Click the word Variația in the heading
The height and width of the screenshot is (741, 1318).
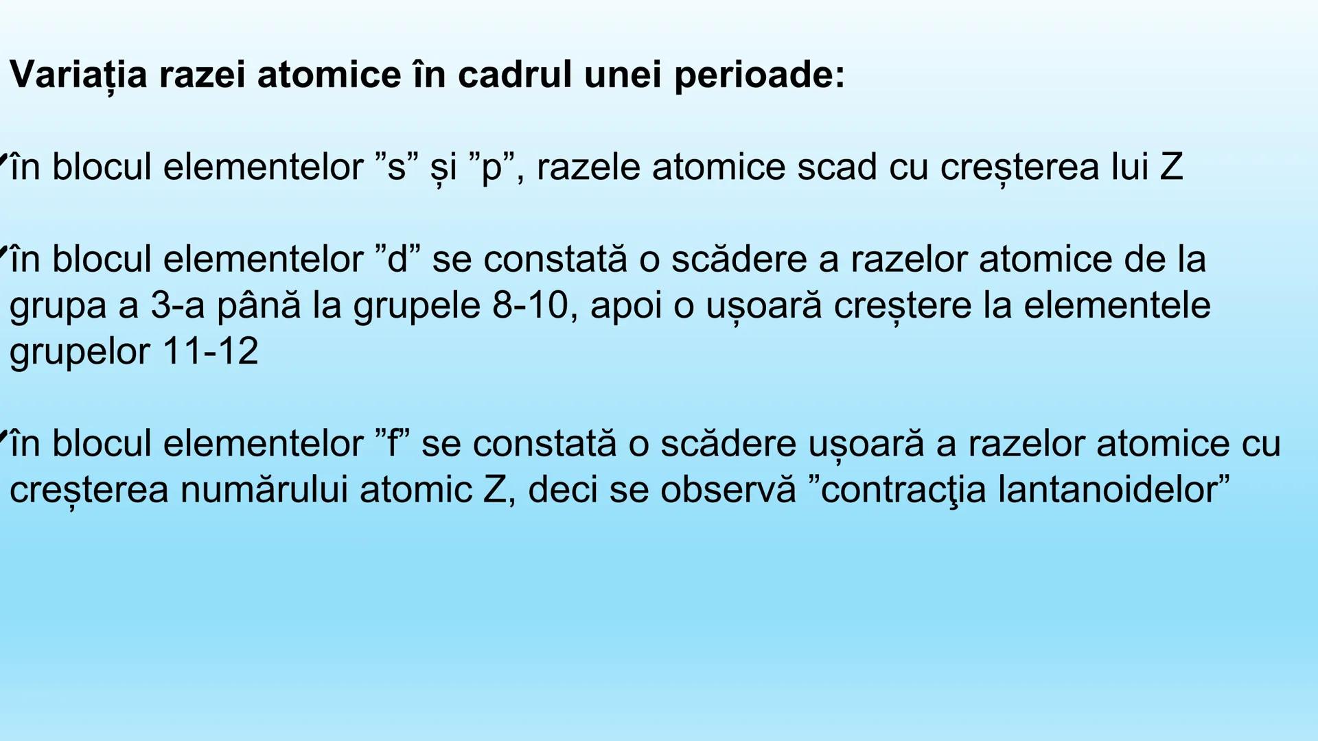pos(79,74)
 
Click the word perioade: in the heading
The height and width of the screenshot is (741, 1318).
pos(759,74)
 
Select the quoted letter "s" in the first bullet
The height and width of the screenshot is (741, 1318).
pos(397,167)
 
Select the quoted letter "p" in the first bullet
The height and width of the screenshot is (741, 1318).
pos(492,167)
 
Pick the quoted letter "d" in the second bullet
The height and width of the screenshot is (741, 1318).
pos(398,259)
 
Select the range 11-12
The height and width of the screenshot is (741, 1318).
pos(210,351)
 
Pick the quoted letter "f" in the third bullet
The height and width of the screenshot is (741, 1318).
pos(393,443)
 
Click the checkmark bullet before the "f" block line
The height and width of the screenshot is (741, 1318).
pos(3,435)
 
